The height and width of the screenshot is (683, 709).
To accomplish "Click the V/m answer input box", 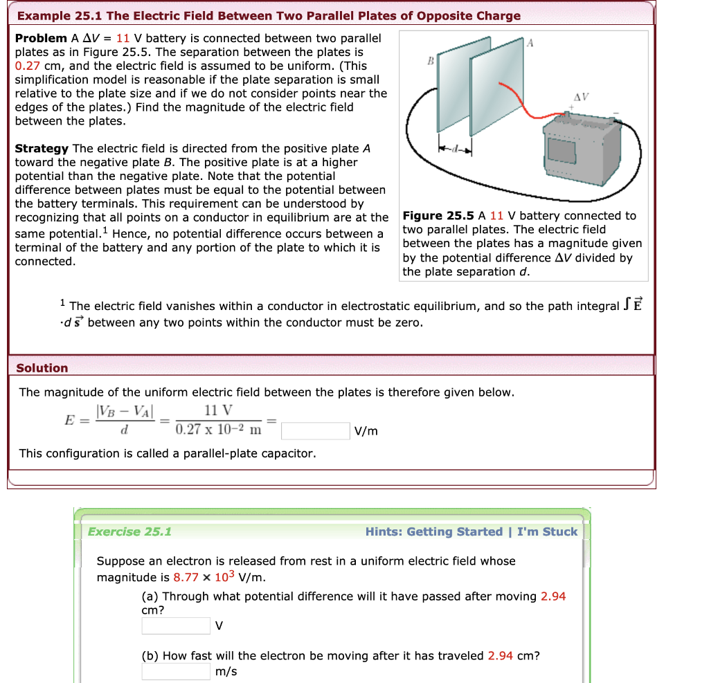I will click(315, 431).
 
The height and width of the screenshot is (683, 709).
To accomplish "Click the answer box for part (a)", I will click(176, 626).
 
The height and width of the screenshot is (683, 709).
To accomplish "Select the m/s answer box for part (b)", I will click(176, 671).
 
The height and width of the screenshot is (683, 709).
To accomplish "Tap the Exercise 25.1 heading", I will click(129, 531).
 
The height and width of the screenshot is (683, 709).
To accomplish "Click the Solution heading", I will click(42, 368).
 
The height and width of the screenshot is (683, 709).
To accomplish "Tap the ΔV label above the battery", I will click(580, 96).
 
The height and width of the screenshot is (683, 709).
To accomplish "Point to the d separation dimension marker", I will click(454, 149).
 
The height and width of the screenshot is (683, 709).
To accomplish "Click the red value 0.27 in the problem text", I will click(28, 66).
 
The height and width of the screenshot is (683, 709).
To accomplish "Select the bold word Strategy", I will click(42, 149).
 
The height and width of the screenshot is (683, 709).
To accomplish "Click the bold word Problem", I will click(41, 38).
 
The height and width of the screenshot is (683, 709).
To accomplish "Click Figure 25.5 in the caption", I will click(438, 216).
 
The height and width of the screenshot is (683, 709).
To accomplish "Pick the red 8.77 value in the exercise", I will click(186, 578).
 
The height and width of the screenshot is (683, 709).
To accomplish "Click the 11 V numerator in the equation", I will click(219, 411).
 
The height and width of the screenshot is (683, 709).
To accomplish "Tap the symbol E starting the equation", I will click(69, 421).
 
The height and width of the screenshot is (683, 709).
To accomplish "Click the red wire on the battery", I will click(526, 104).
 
